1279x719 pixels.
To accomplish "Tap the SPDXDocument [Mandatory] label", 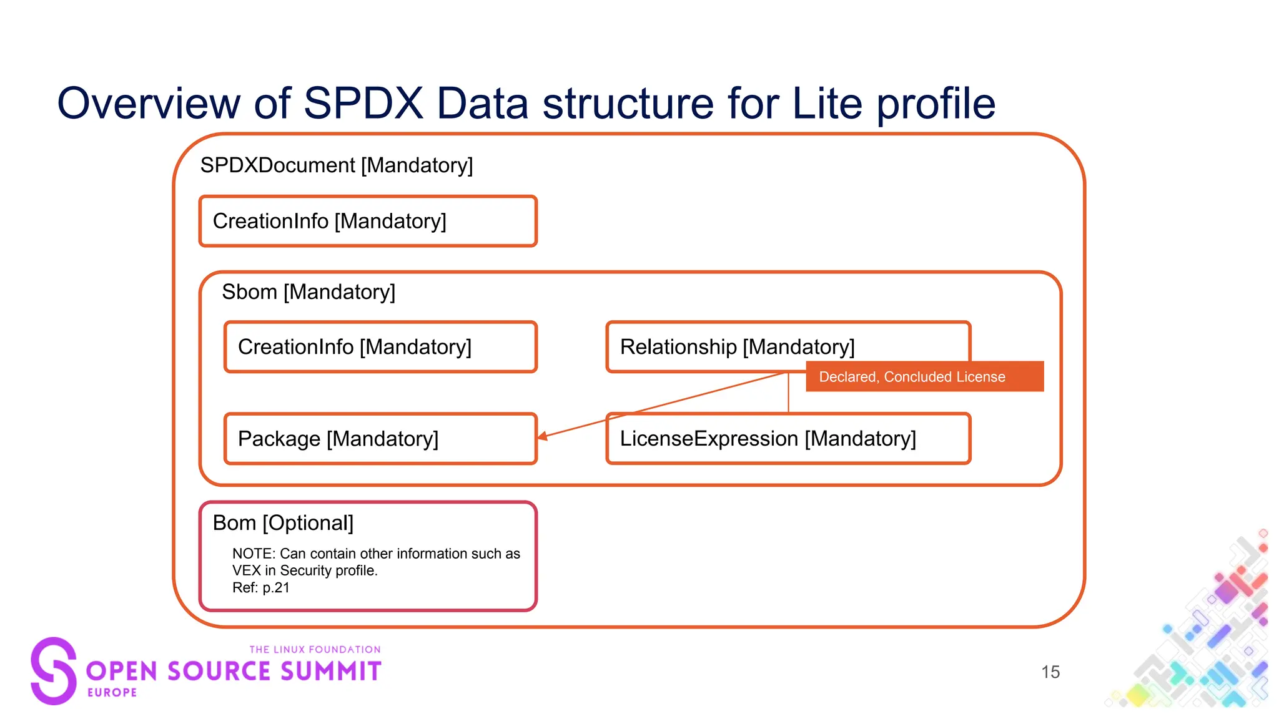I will pos(336,165).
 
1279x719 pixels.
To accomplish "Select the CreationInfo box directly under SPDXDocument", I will pos(367,222).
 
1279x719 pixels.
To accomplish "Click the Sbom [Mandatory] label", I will pos(309,292).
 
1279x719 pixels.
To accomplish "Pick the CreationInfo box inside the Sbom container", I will pos(380,347).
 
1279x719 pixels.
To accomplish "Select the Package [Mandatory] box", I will pos(380,439).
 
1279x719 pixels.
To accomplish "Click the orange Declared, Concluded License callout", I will pos(924,377).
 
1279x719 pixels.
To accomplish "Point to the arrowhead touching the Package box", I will pos(543,436).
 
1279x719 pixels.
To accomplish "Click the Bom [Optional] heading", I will pos(283,523).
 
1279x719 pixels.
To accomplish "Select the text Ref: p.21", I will pos(261,588).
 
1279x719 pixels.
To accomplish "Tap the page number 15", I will pos(1050,672).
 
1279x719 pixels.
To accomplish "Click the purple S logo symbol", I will pos(54,671).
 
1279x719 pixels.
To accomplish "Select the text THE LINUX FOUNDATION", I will pos(315,650).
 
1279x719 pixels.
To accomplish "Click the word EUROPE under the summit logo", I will pos(112,693).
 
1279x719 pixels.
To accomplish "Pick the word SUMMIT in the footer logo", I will pos(330,672).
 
